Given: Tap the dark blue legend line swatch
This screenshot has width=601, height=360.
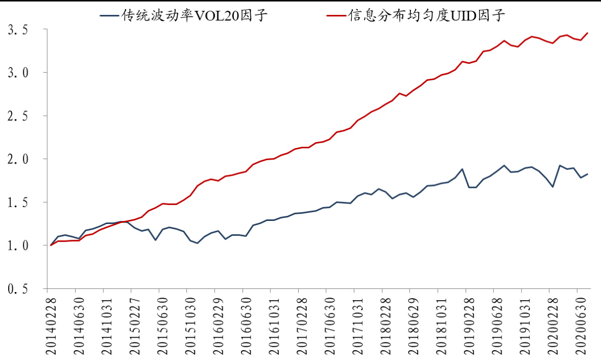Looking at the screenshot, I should pos(109,16).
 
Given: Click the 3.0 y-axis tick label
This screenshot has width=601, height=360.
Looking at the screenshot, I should pos(18,73).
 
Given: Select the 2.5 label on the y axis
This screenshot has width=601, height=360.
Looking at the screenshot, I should pos(18,116).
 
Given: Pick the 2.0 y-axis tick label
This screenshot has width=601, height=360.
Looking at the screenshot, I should pos(18,159).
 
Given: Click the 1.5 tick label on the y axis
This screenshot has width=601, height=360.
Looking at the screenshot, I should pos(18,202).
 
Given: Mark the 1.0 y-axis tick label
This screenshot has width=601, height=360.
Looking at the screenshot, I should pos(18,246).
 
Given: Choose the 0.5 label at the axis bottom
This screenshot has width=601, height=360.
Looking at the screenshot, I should pos(18,289).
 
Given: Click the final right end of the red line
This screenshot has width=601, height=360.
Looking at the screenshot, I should pos(588,33).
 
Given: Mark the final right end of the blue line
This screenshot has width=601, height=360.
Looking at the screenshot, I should pos(588,174).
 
